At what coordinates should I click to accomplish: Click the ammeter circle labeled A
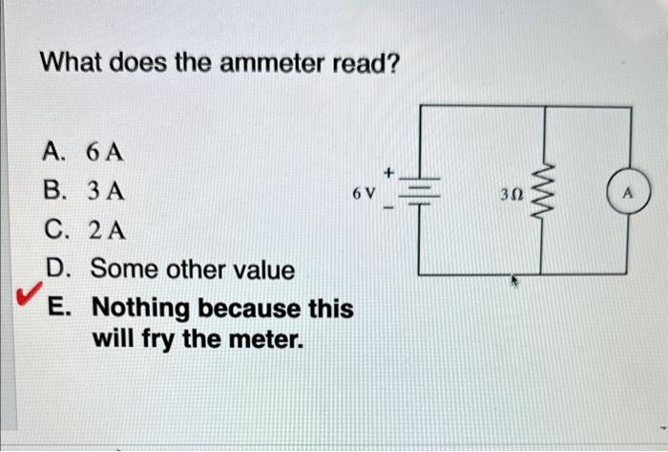pyautogui.click(x=628, y=192)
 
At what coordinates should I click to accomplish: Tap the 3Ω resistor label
pyautogui.click(x=511, y=194)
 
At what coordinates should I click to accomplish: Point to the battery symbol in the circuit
pyautogui.click(x=421, y=192)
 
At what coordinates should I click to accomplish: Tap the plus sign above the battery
pyautogui.click(x=389, y=172)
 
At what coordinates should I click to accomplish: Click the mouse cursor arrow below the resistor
pyautogui.click(x=516, y=283)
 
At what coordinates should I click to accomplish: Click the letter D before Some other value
pyautogui.click(x=55, y=269)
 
